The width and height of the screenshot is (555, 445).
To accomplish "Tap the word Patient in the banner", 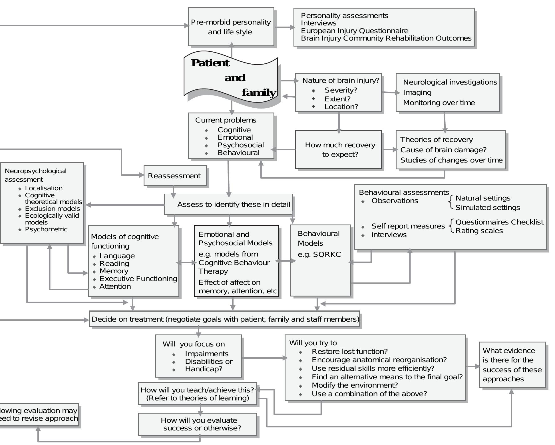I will click(210, 63).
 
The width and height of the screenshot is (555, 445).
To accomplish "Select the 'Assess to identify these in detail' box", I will click(228, 204).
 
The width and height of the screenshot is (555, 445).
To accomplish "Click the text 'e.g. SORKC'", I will click(319, 254).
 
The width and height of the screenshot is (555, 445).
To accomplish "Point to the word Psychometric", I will click(46, 229).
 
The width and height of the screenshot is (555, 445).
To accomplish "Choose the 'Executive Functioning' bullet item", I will click(138, 279).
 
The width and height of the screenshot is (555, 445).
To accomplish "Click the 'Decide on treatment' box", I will click(225, 319).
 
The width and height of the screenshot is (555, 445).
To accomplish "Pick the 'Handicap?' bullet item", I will click(204, 369).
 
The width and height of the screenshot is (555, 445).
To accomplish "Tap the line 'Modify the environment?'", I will click(355, 385).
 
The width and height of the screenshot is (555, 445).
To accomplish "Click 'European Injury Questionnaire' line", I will click(355, 31).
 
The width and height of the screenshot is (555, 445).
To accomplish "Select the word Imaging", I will click(417, 93).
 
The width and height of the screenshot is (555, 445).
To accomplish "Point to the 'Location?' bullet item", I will click(341, 107).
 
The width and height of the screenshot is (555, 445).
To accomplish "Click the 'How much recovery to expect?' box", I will click(338, 150).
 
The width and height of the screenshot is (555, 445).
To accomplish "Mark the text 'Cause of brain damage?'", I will click(443, 150).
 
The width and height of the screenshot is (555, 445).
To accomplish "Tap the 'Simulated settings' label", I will click(488, 208).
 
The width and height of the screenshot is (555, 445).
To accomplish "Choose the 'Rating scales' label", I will click(479, 231).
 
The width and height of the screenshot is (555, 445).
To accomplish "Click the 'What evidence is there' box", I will click(512, 365).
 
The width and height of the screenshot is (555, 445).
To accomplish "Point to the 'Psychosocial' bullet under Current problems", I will click(241, 145).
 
